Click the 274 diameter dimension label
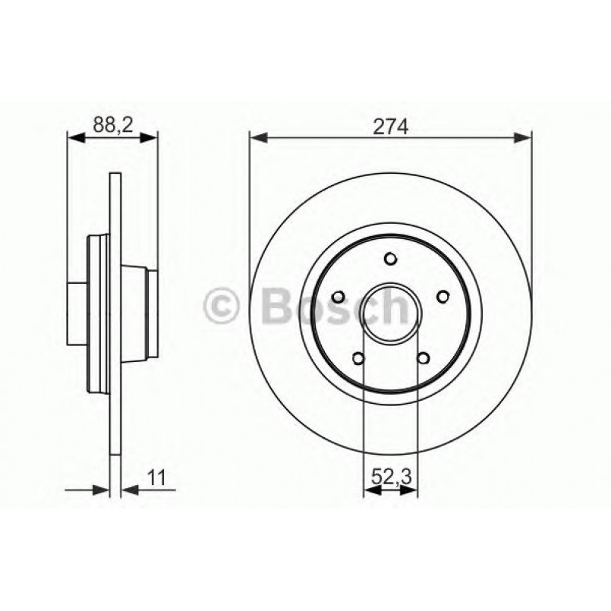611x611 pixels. pos(391,127)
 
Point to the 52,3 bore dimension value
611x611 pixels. pos(391,477)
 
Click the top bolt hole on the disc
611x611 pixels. pos(390,260)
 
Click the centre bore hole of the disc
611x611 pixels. pos(391,313)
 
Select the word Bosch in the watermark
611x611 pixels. pos(334,305)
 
